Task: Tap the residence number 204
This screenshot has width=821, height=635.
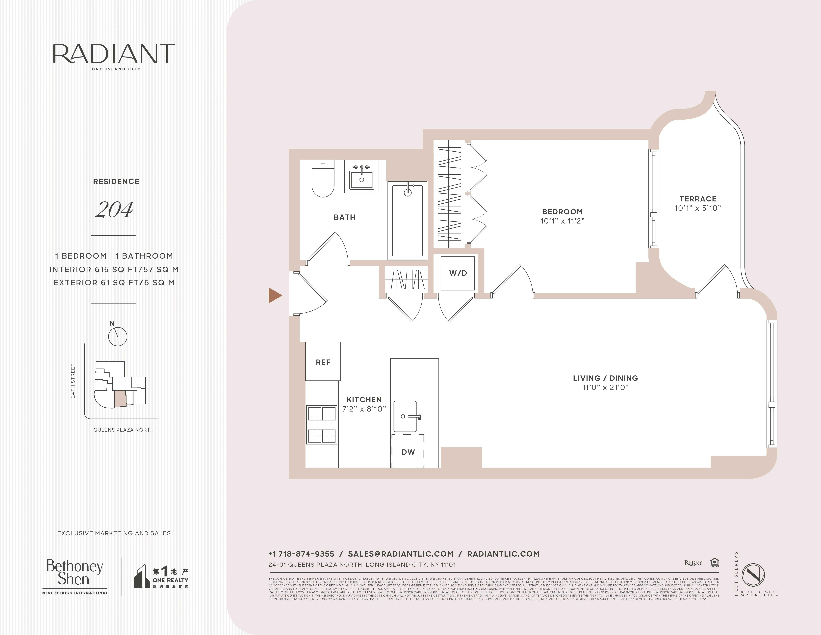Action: [114, 210]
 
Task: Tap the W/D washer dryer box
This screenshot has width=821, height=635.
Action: [458, 273]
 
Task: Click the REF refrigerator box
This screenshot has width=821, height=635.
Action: [323, 362]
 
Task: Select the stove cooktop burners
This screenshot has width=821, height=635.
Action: [322, 425]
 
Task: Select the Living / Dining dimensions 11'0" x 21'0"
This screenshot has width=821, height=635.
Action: [605, 387]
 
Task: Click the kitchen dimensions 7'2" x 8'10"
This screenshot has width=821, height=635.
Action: [364, 409]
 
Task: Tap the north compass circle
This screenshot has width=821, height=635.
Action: [118, 336]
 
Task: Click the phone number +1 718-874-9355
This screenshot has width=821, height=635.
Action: [302, 554]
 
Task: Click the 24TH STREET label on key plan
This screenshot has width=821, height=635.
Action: [73, 381]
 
